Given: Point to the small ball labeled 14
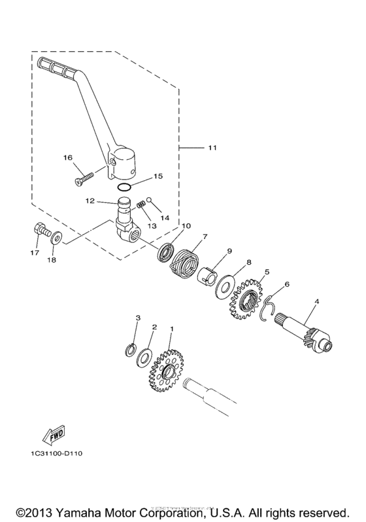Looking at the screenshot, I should [x=149, y=200].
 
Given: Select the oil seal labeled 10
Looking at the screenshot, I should [x=167, y=252].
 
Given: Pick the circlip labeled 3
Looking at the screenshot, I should [x=131, y=349].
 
